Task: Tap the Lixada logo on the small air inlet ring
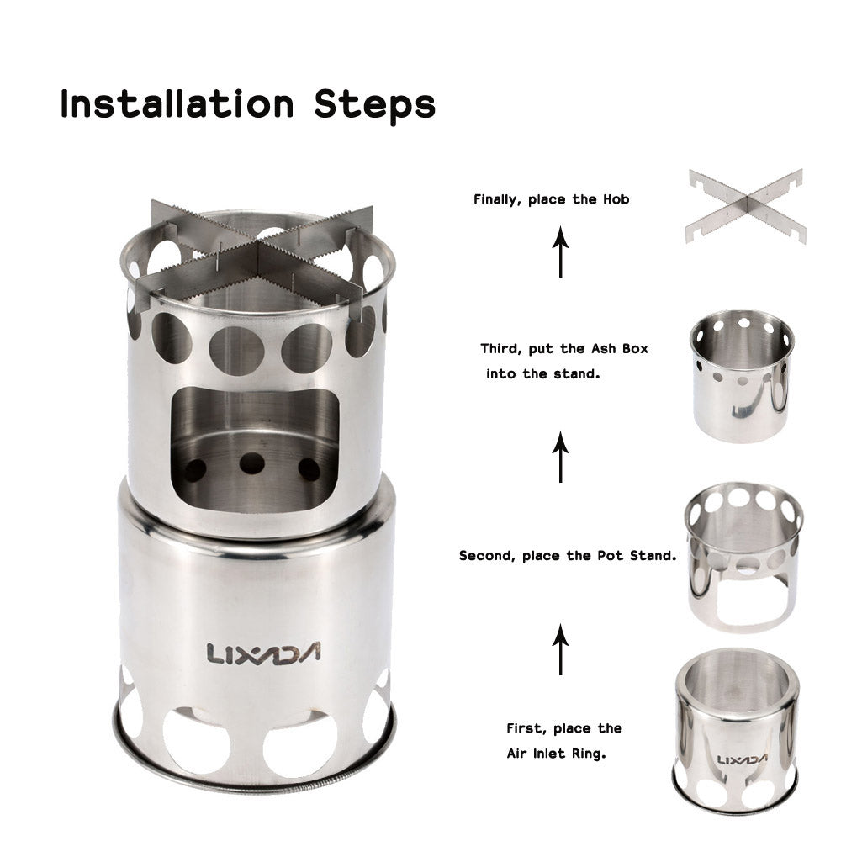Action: (x=742, y=759)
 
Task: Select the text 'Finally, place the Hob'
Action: (x=551, y=200)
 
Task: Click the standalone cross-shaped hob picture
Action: (x=745, y=206)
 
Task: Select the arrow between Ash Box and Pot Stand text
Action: (x=561, y=457)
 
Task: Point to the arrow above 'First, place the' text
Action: (x=561, y=649)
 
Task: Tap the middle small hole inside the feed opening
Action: (x=251, y=463)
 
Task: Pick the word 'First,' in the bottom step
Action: (x=526, y=728)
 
